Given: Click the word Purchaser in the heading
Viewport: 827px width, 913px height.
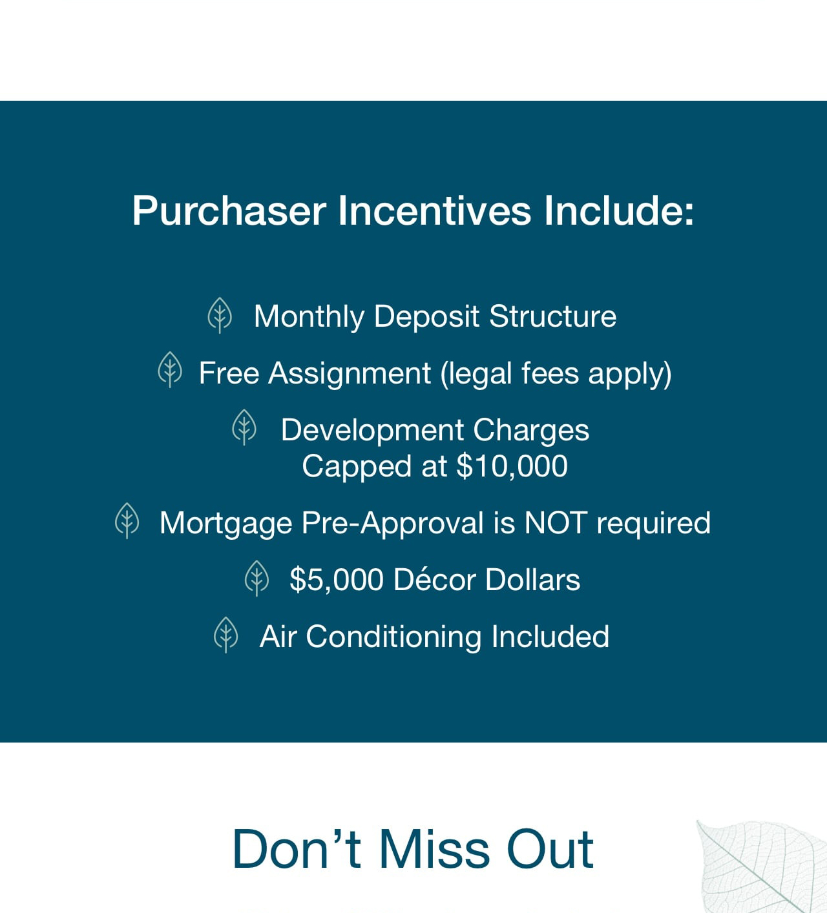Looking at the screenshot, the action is (229, 211).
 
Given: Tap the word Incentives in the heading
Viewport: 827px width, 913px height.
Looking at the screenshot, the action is (435, 210).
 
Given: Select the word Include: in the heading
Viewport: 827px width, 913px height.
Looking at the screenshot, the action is (619, 210).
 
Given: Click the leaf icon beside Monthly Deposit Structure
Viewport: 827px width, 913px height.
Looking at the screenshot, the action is (220, 315).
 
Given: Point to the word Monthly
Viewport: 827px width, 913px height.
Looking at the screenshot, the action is (309, 317).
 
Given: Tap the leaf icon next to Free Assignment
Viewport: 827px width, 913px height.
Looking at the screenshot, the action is (170, 369).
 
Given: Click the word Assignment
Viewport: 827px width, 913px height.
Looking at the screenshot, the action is (350, 374).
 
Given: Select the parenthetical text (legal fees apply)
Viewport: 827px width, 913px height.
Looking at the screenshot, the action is (556, 374).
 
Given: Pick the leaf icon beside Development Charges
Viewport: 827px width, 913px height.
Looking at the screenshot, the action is (244, 427).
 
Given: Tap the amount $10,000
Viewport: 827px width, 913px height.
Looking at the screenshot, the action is (512, 467).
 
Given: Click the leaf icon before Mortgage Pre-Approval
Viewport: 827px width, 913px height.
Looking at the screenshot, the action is (127, 520).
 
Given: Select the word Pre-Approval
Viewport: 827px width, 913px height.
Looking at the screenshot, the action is (392, 524).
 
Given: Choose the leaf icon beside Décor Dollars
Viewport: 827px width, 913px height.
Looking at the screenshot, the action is (256, 578).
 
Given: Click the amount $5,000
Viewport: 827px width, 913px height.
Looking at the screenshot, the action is (336, 580).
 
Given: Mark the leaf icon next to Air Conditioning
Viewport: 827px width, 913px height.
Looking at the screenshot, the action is (225, 635).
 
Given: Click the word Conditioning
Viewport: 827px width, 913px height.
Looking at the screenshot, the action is (393, 637).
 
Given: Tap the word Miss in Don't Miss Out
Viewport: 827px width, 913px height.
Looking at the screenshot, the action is (434, 850).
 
